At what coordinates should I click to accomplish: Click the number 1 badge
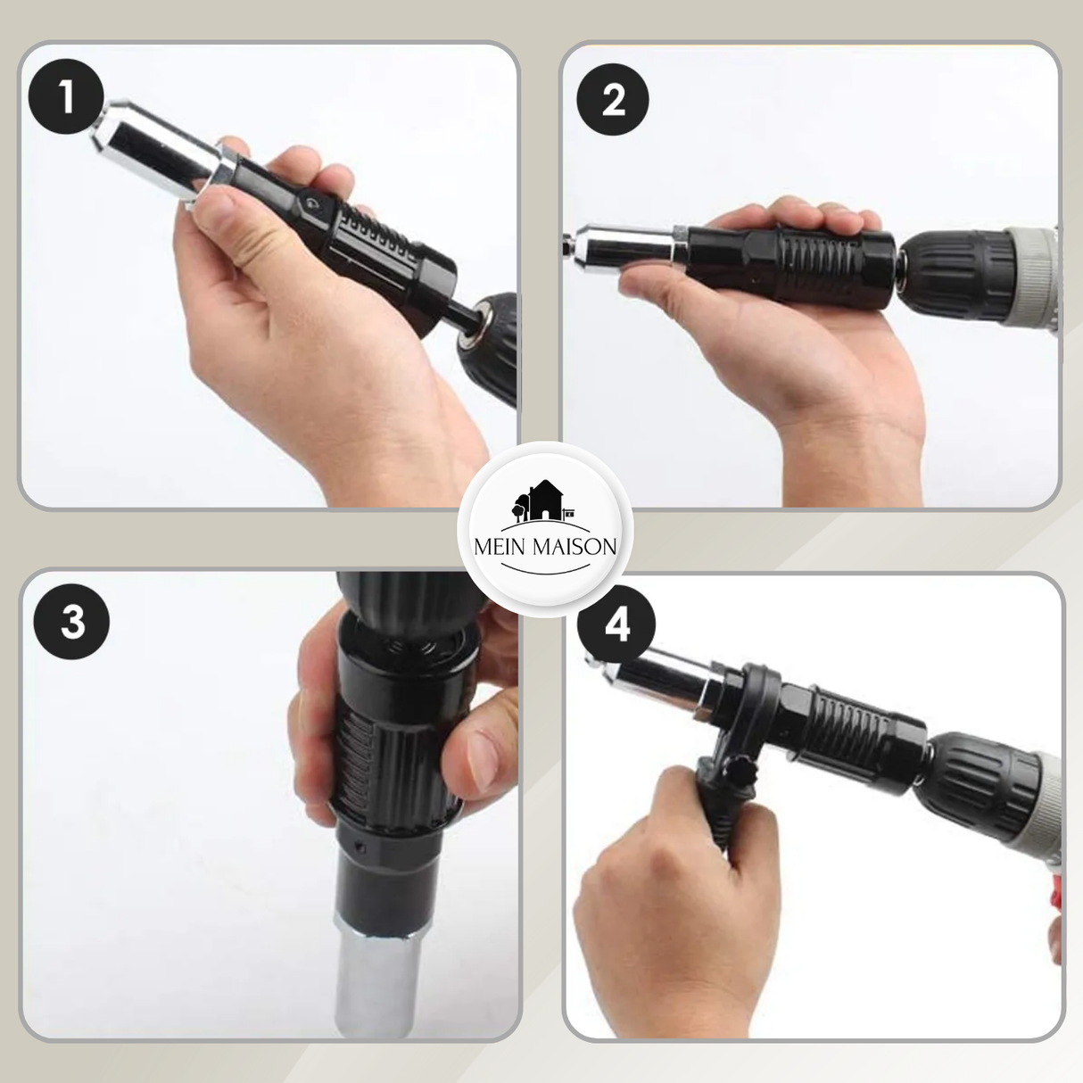[x=66, y=96]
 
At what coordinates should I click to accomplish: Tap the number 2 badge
[x=613, y=100]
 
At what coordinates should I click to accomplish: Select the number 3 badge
[x=72, y=623]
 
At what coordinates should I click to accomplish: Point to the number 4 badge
[x=616, y=625]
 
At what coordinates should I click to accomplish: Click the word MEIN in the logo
[x=500, y=547]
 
